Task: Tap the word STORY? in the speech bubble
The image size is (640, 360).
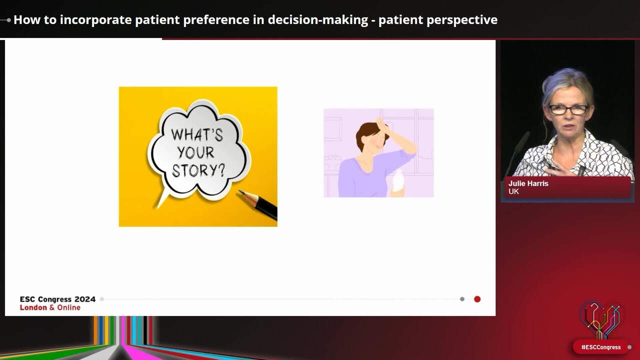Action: [x=198, y=170]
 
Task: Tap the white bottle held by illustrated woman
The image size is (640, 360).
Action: [x=398, y=182]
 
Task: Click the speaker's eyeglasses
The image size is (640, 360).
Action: [x=568, y=109]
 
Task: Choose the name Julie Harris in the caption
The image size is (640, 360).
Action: [x=528, y=183]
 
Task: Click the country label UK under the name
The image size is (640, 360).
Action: [x=513, y=191]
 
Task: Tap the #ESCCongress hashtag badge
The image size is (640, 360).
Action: [x=600, y=347]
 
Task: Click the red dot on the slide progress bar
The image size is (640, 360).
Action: [x=477, y=299]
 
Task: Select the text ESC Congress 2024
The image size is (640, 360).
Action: [x=57, y=299]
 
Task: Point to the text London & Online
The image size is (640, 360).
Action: [x=50, y=307]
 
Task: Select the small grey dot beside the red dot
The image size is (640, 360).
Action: [x=462, y=299]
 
